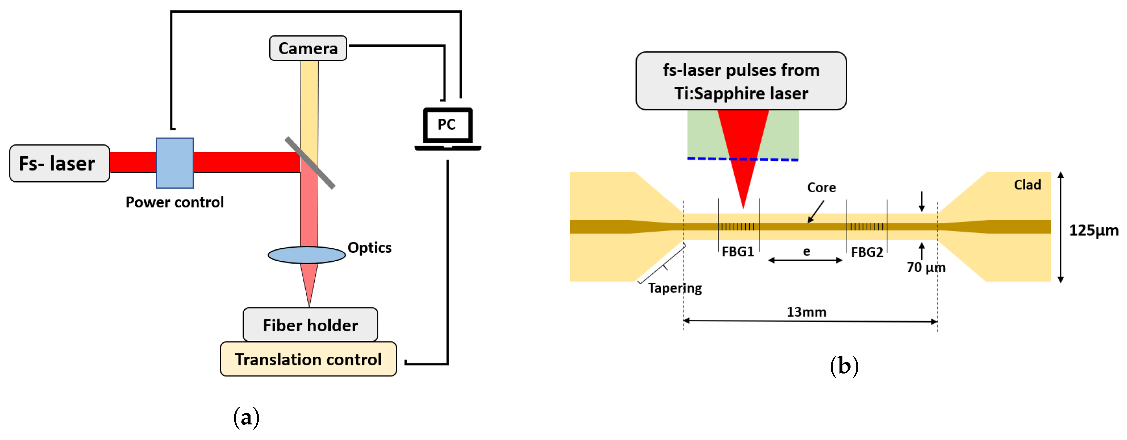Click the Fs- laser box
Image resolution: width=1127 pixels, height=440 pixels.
tap(59, 163)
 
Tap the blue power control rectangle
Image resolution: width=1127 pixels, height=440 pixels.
tap(175, 163)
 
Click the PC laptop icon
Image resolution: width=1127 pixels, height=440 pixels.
tap(447, 127)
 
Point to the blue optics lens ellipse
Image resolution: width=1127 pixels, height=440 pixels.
tap(306, 255)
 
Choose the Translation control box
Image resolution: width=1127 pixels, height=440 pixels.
tap(308, 359)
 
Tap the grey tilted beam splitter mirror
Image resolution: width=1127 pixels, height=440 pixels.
tap(310, 163)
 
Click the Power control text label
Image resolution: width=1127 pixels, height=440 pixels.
tap(175, 202)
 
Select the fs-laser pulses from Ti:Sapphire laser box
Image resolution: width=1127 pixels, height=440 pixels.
tap(741, 81)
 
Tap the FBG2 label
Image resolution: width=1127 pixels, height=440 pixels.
tap(867, 252)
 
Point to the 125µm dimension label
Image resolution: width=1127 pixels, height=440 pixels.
tap(1093, 230)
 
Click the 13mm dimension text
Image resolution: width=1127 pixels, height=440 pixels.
tap(806, 312)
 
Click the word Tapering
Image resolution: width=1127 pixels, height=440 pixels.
tap(675, 288)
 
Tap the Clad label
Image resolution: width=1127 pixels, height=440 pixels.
tap(1027, 185)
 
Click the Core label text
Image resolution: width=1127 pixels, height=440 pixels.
tap(821, 187)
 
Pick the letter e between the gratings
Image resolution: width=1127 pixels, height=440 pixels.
tap(806, 252)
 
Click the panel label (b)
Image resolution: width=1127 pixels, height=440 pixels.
tap(844, 366)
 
